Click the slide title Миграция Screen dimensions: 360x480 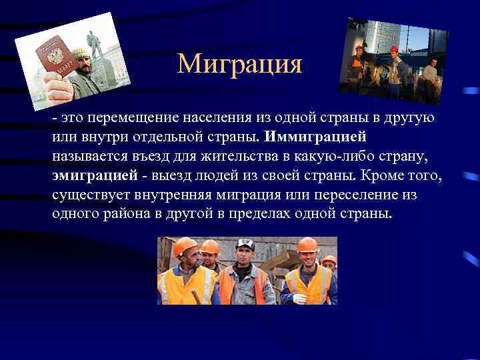point(240,65)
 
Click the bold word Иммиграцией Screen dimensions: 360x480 point(315,137)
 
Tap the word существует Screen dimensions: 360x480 point(92,195)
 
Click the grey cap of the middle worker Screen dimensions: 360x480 point(245,245)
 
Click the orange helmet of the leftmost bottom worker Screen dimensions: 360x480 point(186,248)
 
